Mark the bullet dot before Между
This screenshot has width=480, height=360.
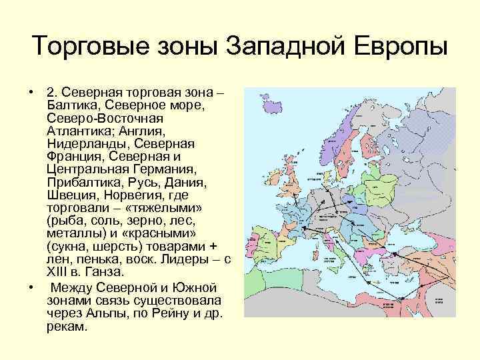pos(31,287)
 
